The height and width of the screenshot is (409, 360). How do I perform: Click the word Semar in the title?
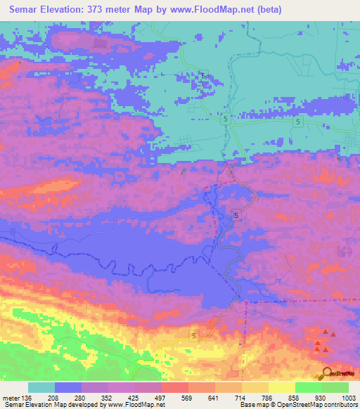click(23, 9)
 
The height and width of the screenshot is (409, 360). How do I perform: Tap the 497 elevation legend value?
click(161, 398)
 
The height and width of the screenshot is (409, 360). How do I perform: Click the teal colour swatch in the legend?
click(41, 388)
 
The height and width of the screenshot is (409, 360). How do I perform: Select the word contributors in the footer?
click(340, 405)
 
